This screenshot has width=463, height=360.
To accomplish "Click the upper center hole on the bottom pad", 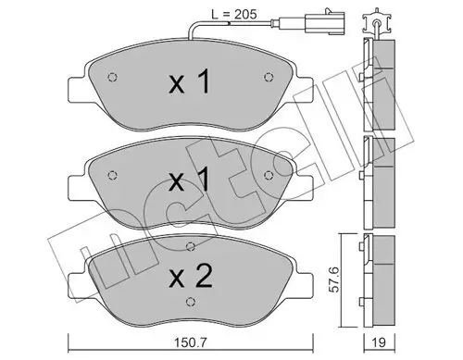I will coord(191,246).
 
